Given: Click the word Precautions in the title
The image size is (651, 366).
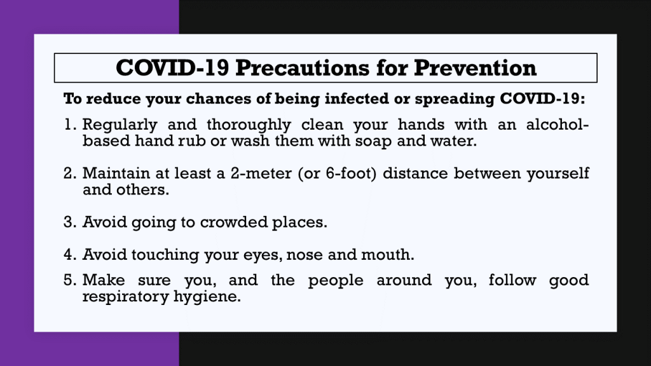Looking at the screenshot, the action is (302, 67).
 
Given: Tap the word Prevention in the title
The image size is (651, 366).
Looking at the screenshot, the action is (476, 67).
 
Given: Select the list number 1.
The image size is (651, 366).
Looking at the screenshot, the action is (69, 125).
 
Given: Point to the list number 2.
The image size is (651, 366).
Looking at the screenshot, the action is (70, 173).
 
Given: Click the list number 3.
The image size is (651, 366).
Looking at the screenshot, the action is (70, 222).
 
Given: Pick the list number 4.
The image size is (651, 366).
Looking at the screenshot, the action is (70, 254).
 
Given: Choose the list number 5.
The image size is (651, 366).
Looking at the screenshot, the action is (70, 280).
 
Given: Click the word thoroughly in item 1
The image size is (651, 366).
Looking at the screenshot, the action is (249, 125).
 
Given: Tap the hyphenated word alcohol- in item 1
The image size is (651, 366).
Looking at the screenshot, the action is (558, 125).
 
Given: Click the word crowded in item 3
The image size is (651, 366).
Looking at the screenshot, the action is (234, 222).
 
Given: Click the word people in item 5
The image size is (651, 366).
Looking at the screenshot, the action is (336, 281).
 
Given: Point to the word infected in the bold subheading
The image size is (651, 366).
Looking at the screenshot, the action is (357, 98).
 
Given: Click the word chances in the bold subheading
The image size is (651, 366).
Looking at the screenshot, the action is (218, 98).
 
